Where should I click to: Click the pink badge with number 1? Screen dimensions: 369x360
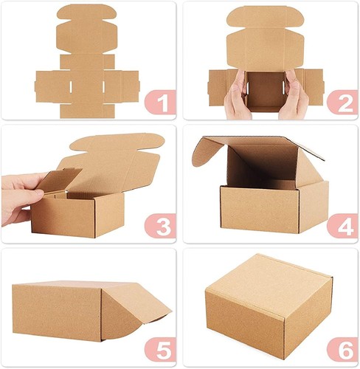(160, 102)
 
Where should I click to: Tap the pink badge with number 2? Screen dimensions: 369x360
(341, 102)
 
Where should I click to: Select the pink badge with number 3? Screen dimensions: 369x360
(160, 224)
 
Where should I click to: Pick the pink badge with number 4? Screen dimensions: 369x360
(341, 224)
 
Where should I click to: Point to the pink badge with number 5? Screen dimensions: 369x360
(160, 347)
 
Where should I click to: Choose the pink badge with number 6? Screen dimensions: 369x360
(341, 347)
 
